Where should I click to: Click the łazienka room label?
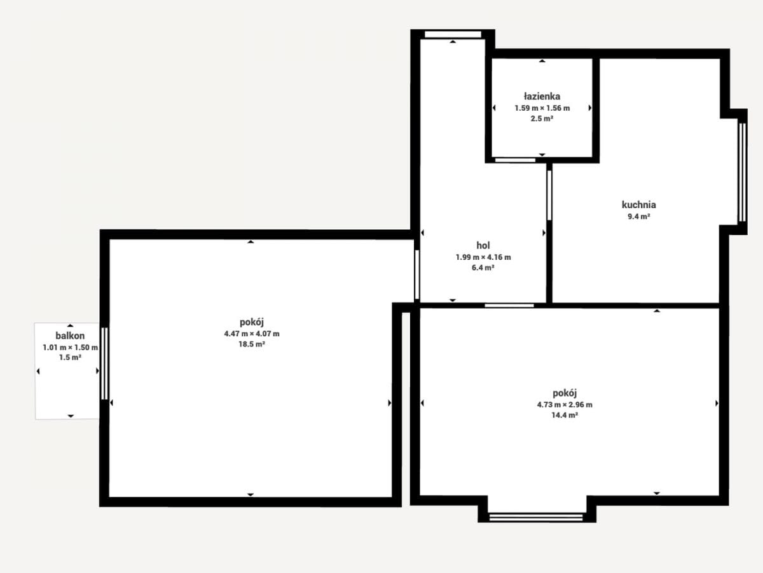point(542,96)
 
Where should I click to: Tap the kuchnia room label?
point(639,204)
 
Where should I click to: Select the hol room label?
point(483,245)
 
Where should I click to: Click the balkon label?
point(70,336)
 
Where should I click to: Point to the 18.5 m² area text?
point(252,344)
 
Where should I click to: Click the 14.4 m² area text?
point(565,415)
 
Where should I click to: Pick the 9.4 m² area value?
point(639,216)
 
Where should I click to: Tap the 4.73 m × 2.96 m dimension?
point(565,405)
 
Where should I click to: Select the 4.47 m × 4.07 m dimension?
point(252,334)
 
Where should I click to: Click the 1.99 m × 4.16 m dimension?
point(483,257)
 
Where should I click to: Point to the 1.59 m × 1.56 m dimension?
point(542,108)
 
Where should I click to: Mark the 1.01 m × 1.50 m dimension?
point(70,347)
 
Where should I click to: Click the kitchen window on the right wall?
point(742,172)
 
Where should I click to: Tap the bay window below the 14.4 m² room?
point(536,518)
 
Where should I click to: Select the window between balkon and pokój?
point(104,363)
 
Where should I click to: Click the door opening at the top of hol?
point(453,34)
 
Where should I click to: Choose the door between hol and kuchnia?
point(549,195)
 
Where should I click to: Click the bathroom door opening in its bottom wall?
point(515,160)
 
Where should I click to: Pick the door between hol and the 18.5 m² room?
point(416,274)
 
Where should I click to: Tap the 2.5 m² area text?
point(542,118)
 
